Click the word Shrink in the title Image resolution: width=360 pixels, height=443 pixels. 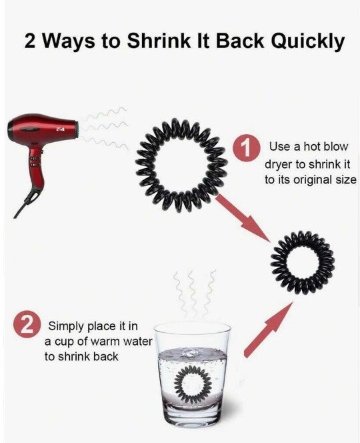tap(158, 41)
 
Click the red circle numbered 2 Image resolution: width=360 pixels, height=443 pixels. tap(27, 325)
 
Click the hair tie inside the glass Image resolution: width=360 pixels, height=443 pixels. tap(181, 383)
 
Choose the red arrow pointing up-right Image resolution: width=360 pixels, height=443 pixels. tap(268, 329)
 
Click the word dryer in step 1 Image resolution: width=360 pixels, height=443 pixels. tap(279, 164)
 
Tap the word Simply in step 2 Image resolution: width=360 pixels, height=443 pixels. tap(66, 327)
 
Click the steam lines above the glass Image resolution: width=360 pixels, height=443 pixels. tap(195, 294)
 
